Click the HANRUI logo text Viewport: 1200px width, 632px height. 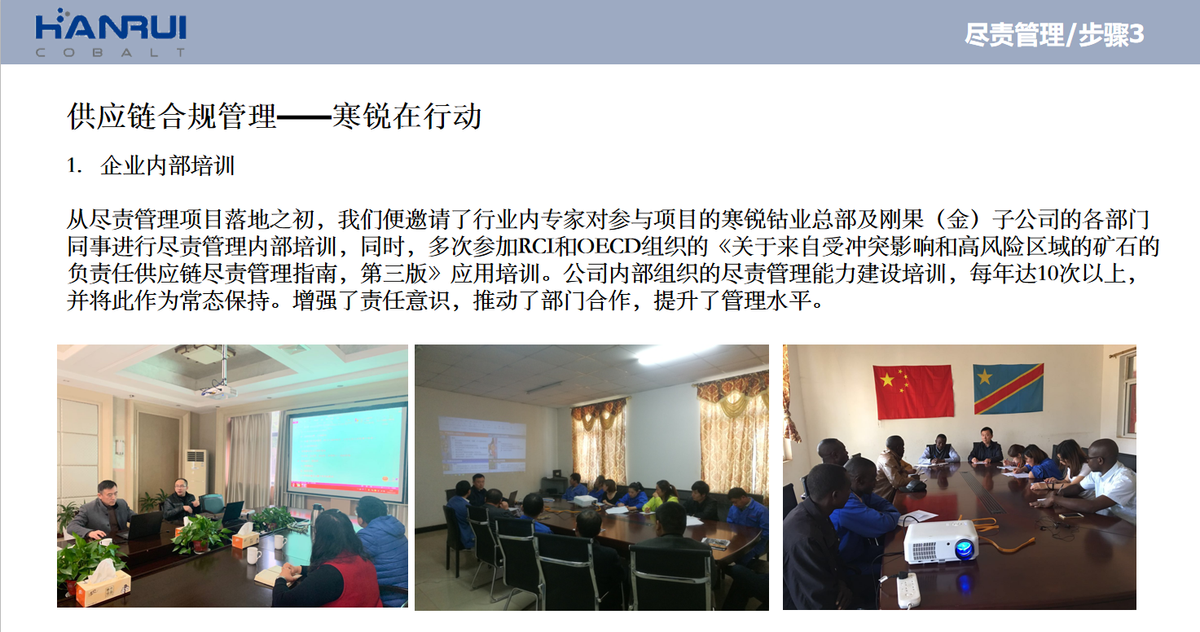[111, 27]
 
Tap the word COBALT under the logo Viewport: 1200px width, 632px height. [111, 52]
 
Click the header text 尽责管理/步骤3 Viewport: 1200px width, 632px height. [1053, 35]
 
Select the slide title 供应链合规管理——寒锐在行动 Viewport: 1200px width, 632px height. [275, 116]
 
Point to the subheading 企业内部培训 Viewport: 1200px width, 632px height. [167, 165]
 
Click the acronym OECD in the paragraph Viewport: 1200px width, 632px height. [609, 247]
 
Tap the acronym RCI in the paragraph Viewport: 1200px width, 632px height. [536, 247]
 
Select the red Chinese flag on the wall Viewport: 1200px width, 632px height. [913, 392]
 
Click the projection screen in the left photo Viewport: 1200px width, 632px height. [346, 453]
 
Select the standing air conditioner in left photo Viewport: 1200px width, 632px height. [196, 475]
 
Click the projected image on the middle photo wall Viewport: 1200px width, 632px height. [482, 445]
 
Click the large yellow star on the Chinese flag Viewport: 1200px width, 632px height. [887, 380]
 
